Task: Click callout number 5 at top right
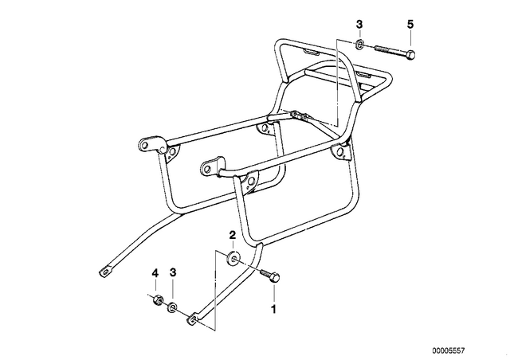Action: coord(410,24)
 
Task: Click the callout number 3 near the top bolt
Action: coord(359,24)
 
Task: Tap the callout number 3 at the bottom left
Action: coord(173,272)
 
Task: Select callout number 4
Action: coord(155,272)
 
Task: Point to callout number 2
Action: coord(232,234)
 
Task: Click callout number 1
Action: coord(274,309)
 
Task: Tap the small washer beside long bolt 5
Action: coord(359,45)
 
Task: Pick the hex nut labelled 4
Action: coord(158,299)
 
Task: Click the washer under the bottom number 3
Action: coord(172,307)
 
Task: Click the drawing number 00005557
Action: coord(449,350)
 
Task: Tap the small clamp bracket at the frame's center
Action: coord(300,115)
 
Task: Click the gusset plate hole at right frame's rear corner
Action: coord(340,151)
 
